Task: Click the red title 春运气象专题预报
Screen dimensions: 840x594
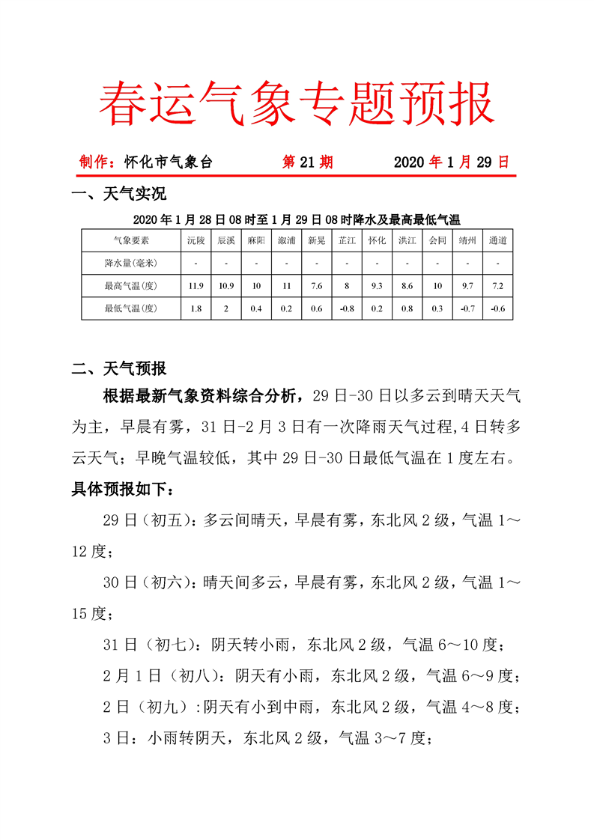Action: (x=297, y=103)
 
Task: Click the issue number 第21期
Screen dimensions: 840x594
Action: (x=307, y=162)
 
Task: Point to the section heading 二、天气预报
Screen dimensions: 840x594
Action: (x=118, y=369)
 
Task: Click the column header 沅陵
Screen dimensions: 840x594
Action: (x=196, y=240)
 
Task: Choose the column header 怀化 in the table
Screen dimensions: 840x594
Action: (x=377, y=240)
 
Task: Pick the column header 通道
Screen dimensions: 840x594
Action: (x=497, y=240)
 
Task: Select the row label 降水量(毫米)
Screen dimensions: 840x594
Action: (x=131, y=263)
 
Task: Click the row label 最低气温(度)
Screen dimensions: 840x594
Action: (x=131, y=308)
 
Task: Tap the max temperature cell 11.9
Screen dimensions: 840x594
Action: (x=196, y=286)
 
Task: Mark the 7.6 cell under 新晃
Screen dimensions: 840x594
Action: (x=316, y=286)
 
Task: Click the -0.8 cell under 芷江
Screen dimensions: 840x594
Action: (x=346, y=308)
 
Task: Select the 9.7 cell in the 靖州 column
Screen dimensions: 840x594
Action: (x=467, y=286)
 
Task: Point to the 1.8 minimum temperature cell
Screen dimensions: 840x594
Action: (x=196, y=308)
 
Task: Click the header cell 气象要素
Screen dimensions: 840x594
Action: (x=131, y=240)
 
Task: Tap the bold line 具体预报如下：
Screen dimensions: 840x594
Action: (x=125, y=490)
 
